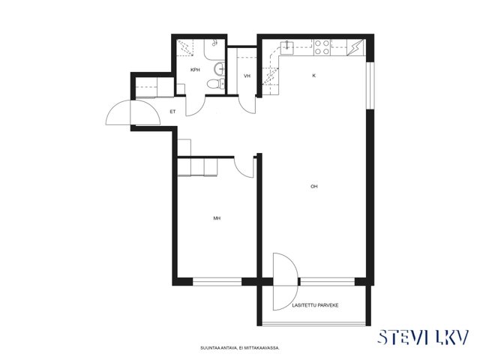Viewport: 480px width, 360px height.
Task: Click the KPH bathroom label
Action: click(x=195, y=70)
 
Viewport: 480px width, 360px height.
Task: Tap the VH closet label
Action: click(x=247, y=76)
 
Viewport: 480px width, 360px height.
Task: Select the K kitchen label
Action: click(x=313, y=76)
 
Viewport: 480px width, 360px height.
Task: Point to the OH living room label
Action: click(x=313, y=186)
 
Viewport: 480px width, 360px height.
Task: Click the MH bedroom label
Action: click(x=217, y=218)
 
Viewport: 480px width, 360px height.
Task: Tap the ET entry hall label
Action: click(x=172, y=112)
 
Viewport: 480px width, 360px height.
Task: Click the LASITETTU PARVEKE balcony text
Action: click(x=315, y=305)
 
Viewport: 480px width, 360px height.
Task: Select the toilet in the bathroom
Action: click(x=216, y=83)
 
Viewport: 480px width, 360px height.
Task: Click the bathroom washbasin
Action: click(x=220, y=69)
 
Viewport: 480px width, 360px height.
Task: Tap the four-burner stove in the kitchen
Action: click(x=322, y=47)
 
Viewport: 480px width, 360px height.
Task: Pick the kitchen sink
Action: click(x=287, y=47)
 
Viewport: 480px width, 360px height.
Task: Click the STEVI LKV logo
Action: click(x=423, y=337)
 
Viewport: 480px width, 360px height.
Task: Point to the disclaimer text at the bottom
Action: click(x=240, y=348)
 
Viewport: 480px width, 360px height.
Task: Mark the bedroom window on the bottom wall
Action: click(x=217, y=282)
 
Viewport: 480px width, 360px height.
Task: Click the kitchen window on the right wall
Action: click(x=370, y=85)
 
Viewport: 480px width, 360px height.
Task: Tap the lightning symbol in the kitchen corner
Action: click(x=355, y=47)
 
